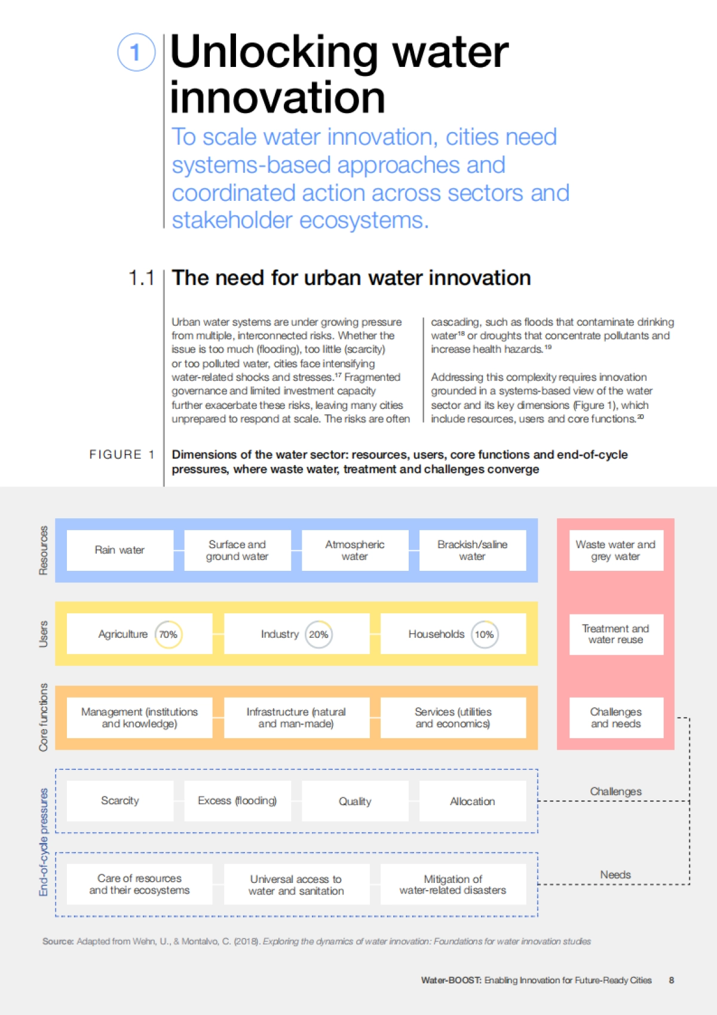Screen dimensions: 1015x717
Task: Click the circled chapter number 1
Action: [136, 52]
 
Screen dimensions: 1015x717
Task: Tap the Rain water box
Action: [119, 550]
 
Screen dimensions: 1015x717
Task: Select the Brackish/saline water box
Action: [472, 550]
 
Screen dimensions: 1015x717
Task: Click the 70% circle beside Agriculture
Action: [168, 634]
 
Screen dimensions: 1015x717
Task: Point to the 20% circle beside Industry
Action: [318, 634]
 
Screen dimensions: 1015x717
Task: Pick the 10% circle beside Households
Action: [484, 634]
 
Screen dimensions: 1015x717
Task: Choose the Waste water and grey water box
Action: [615, 550]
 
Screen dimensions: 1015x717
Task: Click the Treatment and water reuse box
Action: [615, 634]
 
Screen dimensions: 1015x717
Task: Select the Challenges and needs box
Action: [615, 717]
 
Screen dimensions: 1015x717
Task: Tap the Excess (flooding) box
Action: [237, 800]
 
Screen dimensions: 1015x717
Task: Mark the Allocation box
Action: [472, 801]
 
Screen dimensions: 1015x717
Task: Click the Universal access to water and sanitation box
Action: [296, 885]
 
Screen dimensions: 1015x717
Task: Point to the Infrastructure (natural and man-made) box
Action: [296, 717]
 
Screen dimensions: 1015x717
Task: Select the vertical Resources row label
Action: [43, 551]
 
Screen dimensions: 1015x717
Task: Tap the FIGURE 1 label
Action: [122, 455]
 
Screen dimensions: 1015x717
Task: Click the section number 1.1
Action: [141, 278]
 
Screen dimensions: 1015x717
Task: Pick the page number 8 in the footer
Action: [672, 980]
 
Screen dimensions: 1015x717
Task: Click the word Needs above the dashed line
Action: [615, 875]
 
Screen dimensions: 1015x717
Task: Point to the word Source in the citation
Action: [57, 941]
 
